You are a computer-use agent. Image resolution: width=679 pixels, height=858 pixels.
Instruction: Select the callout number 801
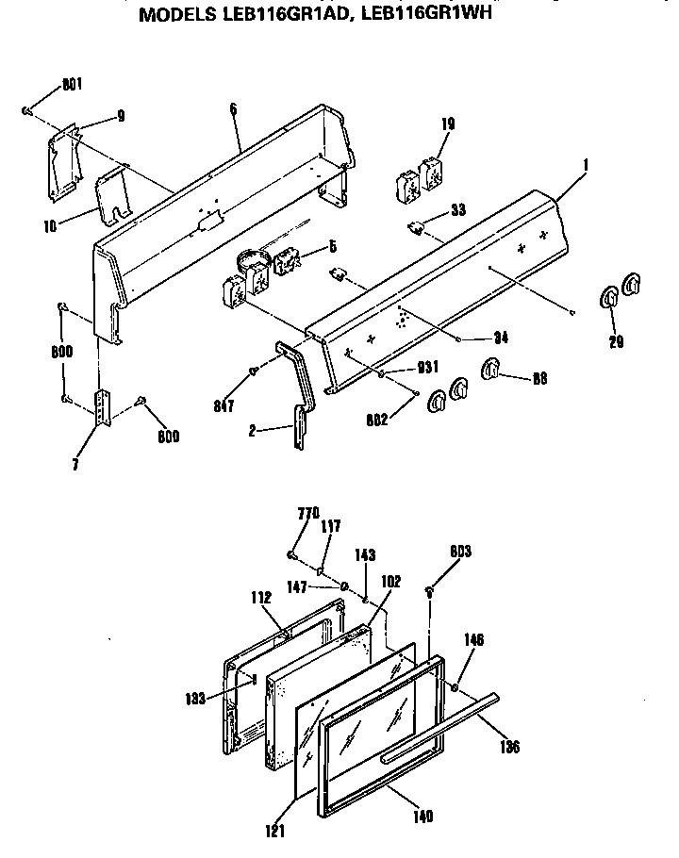tap(72, 85)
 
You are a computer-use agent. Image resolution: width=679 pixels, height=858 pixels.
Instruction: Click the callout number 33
tap(457, 211)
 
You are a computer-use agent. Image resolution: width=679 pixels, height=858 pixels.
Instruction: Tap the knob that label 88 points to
tap(490, 371)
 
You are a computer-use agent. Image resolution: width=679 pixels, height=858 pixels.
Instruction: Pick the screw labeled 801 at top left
tap(27, 112)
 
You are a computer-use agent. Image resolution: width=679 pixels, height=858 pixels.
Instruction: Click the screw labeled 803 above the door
tap(430, 592)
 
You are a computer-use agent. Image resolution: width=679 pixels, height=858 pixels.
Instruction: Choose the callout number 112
tap(261, 597)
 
